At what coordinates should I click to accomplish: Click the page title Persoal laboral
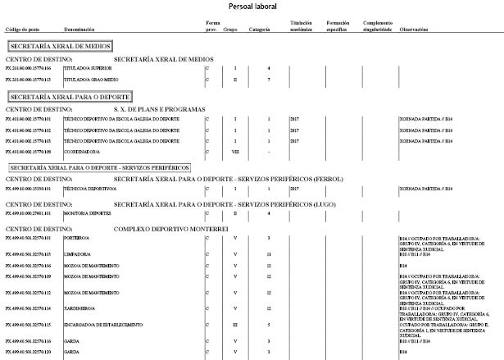253,7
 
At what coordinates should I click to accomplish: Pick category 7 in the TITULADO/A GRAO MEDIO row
268,80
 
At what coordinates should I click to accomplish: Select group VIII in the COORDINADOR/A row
235,151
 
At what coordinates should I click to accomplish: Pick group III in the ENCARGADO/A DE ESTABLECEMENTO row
235,326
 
